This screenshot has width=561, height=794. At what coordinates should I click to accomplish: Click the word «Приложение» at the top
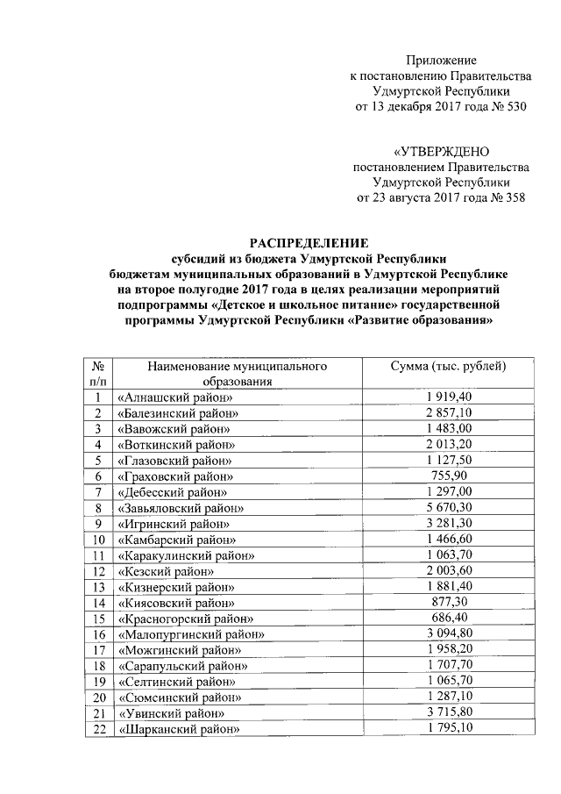coord(441,61)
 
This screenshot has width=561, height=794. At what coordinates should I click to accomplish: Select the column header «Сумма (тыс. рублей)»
coord(448,365)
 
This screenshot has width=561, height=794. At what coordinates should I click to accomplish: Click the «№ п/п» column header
coord(99,373)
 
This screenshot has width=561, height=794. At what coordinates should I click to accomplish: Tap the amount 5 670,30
coord(448,507)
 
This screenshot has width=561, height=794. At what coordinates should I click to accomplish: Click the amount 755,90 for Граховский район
coord(448,476)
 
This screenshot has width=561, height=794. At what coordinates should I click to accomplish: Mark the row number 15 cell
coord(99,619)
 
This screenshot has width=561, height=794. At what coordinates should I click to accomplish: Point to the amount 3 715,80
coord(448,712)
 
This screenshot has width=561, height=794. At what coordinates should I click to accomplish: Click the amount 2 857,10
coord(448,412)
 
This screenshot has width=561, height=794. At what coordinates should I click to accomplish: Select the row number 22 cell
coord(99,729)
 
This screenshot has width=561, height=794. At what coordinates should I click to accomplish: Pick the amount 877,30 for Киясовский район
coord(448,602)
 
